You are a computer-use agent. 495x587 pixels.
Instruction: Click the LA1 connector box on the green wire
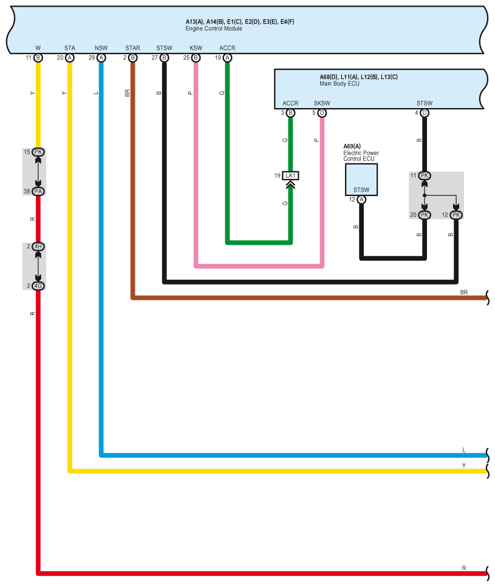coord(290,176)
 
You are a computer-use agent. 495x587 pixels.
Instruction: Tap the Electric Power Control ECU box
coord(361,179)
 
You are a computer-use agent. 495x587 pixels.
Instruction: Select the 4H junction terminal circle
coord(38,246)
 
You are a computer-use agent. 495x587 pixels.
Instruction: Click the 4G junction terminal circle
coord(38,285)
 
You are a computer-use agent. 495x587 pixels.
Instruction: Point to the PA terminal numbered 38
coord(38,191)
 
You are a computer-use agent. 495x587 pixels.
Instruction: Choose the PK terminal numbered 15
coord(38,152)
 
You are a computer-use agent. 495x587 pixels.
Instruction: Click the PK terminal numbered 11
coord(425,175)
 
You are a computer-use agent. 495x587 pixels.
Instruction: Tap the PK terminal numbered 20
coord(425,215)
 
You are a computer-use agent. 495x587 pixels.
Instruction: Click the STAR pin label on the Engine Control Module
coord(132,47)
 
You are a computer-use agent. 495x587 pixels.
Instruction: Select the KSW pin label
coord(196,47)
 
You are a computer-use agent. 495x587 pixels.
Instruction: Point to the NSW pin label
coord(101,47)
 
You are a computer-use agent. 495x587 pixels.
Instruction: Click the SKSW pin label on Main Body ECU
coord(321,103)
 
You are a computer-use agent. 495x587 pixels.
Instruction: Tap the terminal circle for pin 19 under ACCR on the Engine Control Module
coord(228,58)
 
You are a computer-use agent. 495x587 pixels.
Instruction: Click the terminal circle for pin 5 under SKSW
coord(322,112)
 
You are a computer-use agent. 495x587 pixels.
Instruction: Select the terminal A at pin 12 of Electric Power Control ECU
coord(361,199)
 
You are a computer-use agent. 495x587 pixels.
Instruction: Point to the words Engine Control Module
coord(214,29)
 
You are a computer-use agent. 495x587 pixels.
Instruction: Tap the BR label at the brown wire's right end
coord(464,292)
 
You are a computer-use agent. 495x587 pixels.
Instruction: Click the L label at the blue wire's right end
coord(464,450)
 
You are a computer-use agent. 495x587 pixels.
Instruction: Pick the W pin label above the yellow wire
coord(38,47)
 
